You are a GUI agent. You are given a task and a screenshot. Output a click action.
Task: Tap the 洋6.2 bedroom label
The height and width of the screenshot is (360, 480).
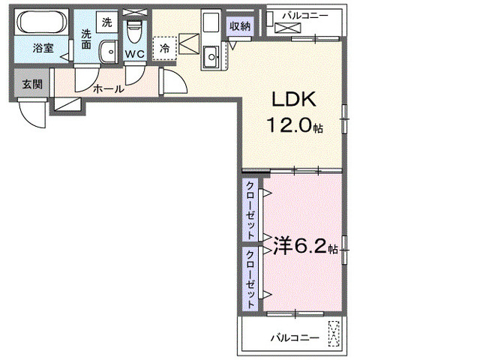[304, 245]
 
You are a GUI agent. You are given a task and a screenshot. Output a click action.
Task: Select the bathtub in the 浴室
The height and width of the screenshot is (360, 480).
[41, 22]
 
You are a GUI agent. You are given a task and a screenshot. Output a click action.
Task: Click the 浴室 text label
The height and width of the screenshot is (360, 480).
[42, 49]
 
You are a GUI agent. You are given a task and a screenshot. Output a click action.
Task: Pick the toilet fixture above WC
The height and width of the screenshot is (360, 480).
[135, 32]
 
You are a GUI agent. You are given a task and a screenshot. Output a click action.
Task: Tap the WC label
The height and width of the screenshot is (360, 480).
[135, 54]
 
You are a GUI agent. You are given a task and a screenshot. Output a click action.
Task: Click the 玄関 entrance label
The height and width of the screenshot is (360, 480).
[31, 83]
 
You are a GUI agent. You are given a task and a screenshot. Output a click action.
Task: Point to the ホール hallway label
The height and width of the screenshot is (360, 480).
[109, 88]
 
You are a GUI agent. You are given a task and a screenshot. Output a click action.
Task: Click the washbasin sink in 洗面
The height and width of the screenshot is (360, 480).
[108, 51]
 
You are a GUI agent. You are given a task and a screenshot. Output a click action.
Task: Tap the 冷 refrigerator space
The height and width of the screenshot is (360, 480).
[165, 47]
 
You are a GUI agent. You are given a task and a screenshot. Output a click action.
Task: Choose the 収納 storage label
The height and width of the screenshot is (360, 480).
[241, 27]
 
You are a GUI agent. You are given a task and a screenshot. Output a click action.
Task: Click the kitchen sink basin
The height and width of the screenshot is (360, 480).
[213, 53]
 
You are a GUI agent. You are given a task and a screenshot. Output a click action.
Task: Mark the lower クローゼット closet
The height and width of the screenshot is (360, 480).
[250, 277]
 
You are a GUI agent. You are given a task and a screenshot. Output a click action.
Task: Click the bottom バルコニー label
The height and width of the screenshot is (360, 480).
[295, 337]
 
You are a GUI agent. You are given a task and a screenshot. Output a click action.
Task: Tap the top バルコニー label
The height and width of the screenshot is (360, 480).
[306, 14]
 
